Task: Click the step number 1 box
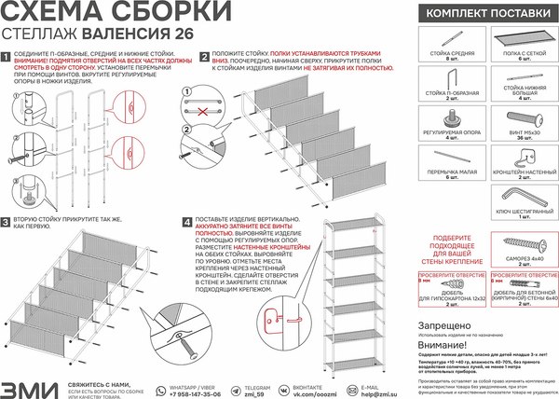(8, 56)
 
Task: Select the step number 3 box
(8, 223)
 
